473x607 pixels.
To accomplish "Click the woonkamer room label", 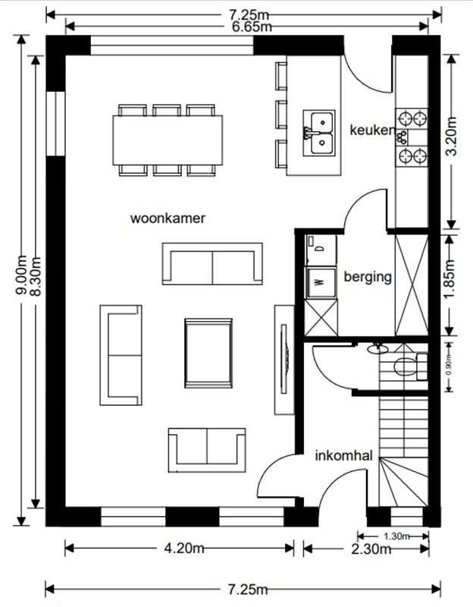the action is pyautogui.click(x=168, y=219).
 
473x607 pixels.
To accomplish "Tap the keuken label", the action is pyautogui.click(x=372, y=130).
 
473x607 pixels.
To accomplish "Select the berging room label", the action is pyautogui.click(x=368, y=277).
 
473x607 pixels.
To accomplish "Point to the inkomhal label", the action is pyautogui.click(x=344, y=455).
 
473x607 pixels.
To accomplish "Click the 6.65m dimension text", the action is pyautogui.click(x=252, y=27).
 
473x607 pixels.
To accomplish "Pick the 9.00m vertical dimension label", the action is pyautogui.click(x=21, y=275).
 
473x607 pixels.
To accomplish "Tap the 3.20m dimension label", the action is pyautogui.click(x=451, y=136).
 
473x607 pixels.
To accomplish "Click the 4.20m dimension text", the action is pyautogui.click(x=184, y=548).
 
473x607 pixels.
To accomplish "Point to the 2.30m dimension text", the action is pyautogui.click(x=371, y=549).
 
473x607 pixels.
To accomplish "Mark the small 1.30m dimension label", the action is pyautogui.click(x=396, y=536).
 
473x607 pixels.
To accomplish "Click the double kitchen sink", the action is pyautogui.click(x=319, y=133).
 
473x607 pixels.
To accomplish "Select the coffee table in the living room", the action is pyautogui.click(x=208, y=353).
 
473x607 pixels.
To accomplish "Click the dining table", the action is pyautogui.click(x=168, y=140).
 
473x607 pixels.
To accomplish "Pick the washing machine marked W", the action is pyautogui.click(x=321, y=282).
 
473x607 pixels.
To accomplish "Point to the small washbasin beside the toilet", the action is pyautogui.click(x=377, y=349).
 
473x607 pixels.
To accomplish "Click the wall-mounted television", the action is pyautogui.click(x=284, y=359).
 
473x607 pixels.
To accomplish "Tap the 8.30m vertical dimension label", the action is pyautogui.click(x=36, y=276).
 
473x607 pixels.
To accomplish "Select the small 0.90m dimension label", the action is pyautogui.click(x=449, y=366).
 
